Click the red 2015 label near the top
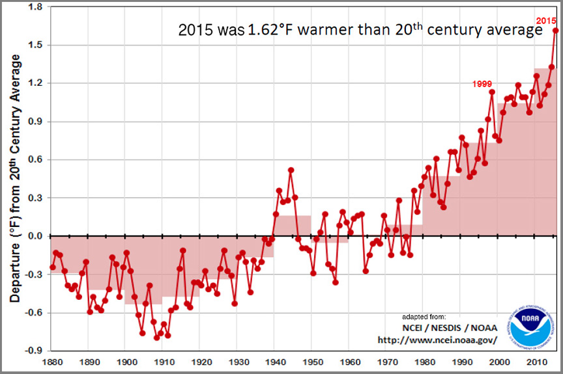point(546,21)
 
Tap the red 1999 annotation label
point(483,83)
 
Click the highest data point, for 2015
point(556,30)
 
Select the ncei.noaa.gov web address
point(437,340)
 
